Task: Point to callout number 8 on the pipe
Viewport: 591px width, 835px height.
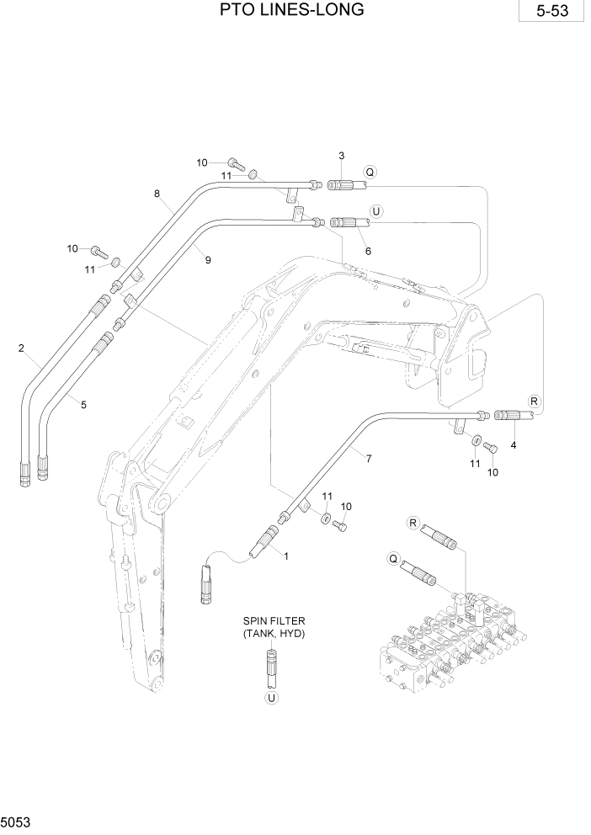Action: coord(157,194)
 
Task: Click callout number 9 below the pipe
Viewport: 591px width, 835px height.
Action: coord(208,260)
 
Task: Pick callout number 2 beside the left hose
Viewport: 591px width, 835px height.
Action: coord(21,347)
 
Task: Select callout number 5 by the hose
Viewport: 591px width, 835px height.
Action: coord(83,405)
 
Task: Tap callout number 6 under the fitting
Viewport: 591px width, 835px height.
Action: coord(367,251)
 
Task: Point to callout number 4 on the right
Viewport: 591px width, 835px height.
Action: coord(513,444)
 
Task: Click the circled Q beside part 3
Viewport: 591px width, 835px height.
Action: coord(369,173)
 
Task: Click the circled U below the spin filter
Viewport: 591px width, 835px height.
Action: coord(271,697)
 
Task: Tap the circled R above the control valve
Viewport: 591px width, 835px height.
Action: coord(413,523)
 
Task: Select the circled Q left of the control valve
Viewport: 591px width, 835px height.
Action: coord(392,556)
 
